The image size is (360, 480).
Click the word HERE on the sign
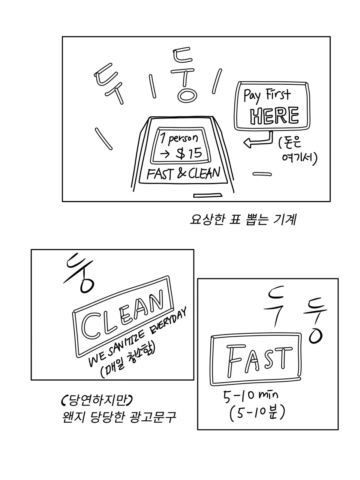(274, 115)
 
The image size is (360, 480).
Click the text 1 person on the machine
(179, 138)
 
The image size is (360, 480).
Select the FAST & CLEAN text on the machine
(183, 174)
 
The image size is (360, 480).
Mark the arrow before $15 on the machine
(165, 153)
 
